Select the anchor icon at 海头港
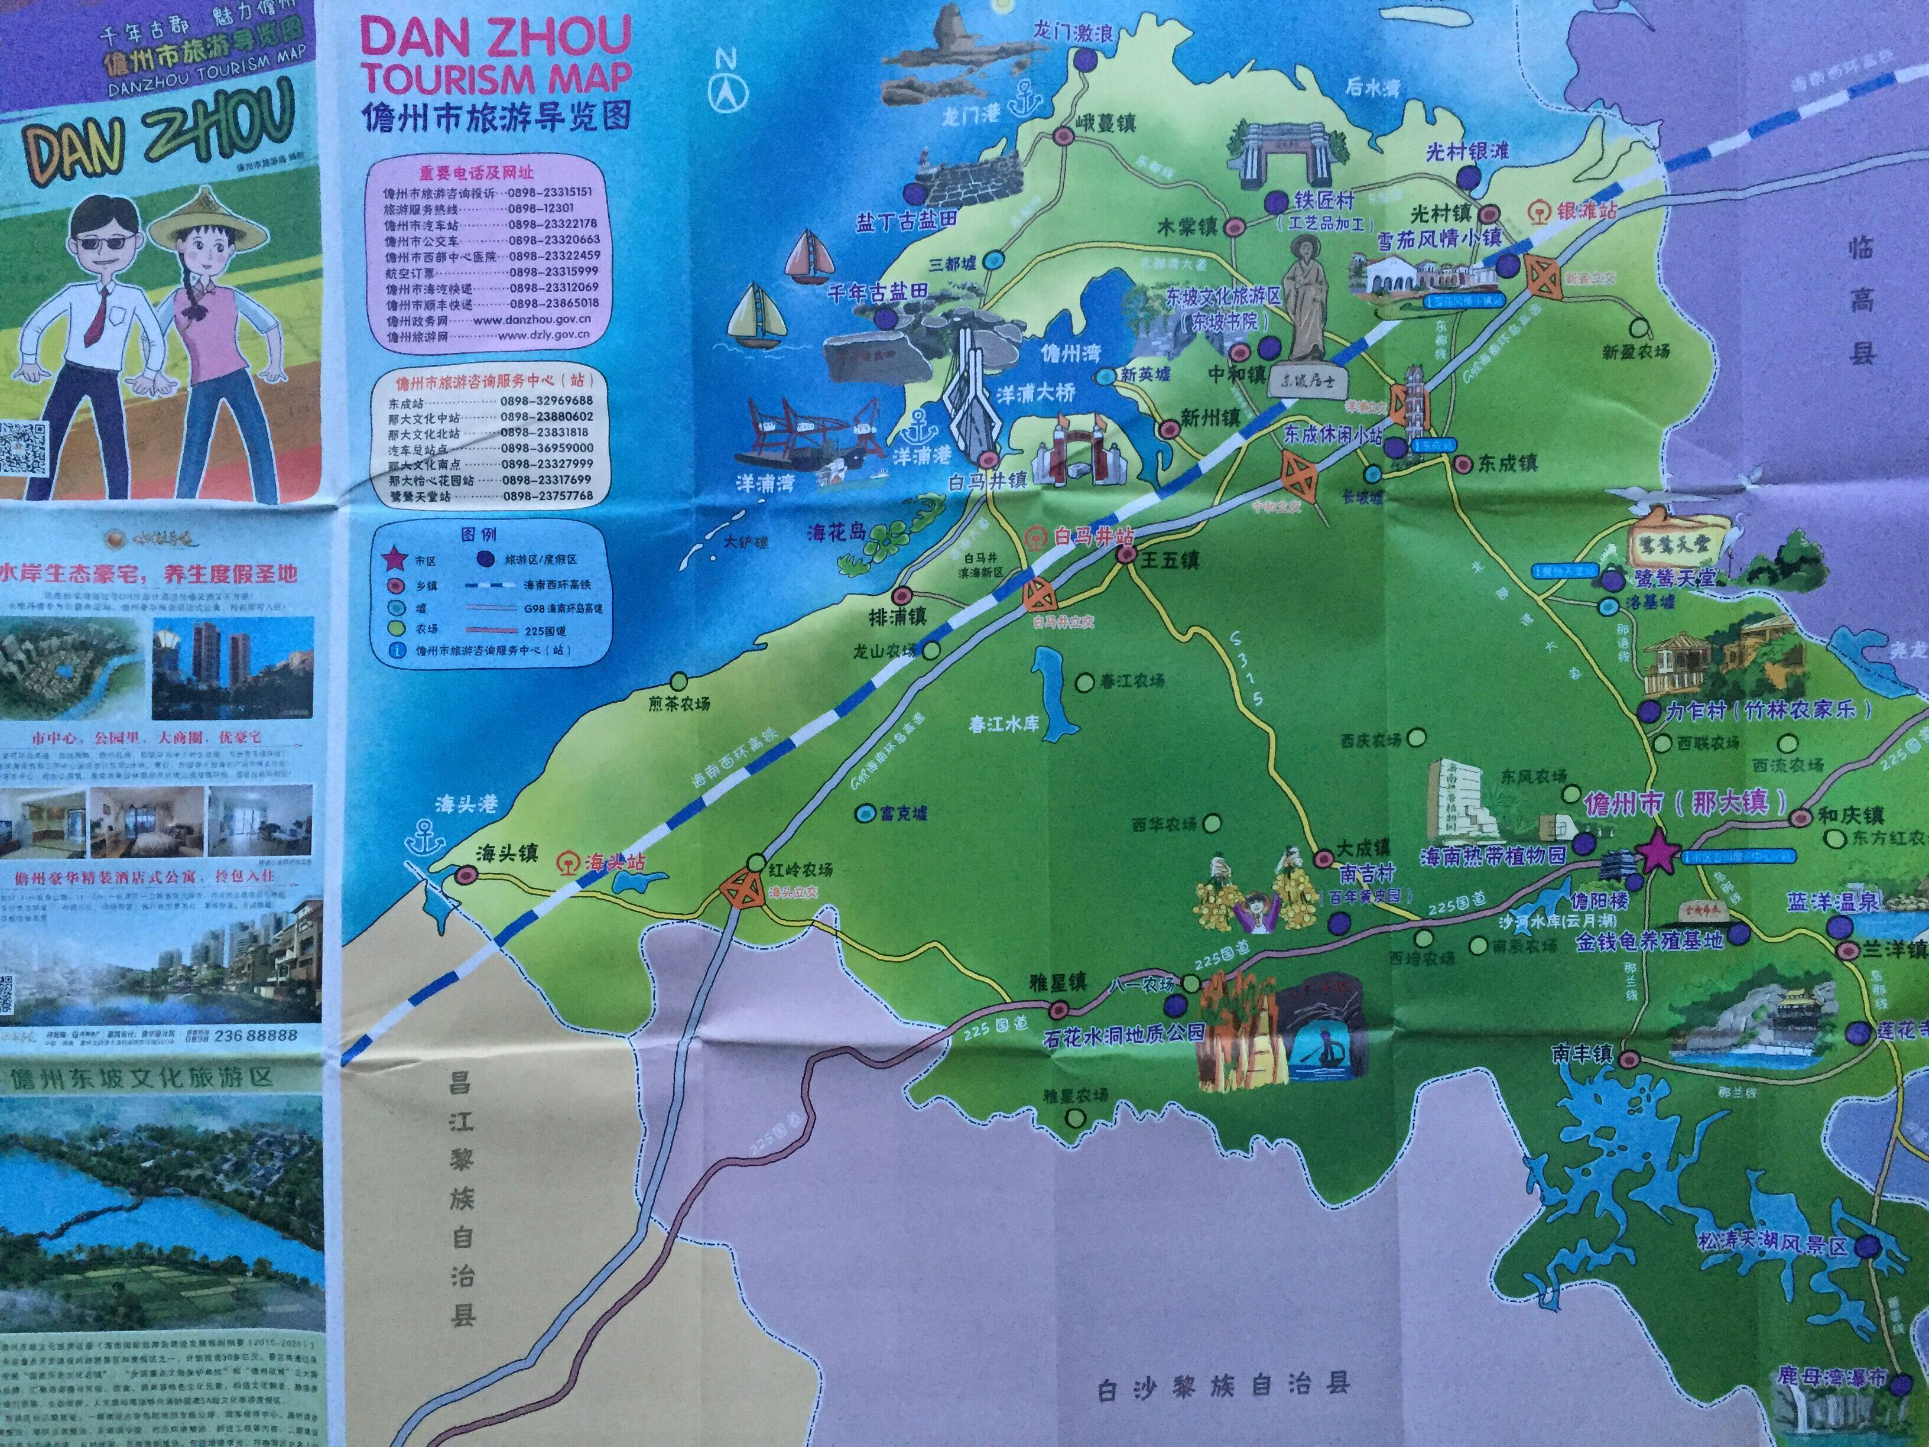pos(427,838)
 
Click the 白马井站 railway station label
pos(1093,536)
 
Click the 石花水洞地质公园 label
pos(1124,1033)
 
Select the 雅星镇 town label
pos(1058,982)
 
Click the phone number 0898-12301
pos(541,209)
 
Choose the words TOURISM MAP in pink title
pos(496,77)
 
